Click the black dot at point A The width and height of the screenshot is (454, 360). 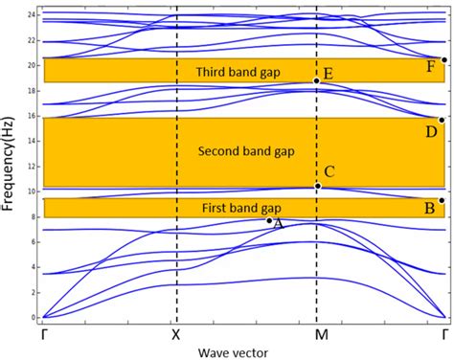(269, 220)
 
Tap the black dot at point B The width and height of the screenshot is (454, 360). (442, 200)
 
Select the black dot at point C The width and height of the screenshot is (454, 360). (317, 186)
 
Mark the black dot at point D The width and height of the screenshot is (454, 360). (442, 120)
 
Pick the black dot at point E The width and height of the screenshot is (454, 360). (317, 81)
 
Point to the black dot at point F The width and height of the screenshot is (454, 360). (443, 59)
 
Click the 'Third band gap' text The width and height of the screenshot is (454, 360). (235, 72)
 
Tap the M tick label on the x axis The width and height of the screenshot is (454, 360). (317, 335)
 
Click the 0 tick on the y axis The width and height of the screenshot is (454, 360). (33, 317)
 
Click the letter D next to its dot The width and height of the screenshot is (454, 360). (432, 131)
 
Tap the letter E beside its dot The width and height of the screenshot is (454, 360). (329, 74)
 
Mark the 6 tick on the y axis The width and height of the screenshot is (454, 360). (33, 242)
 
